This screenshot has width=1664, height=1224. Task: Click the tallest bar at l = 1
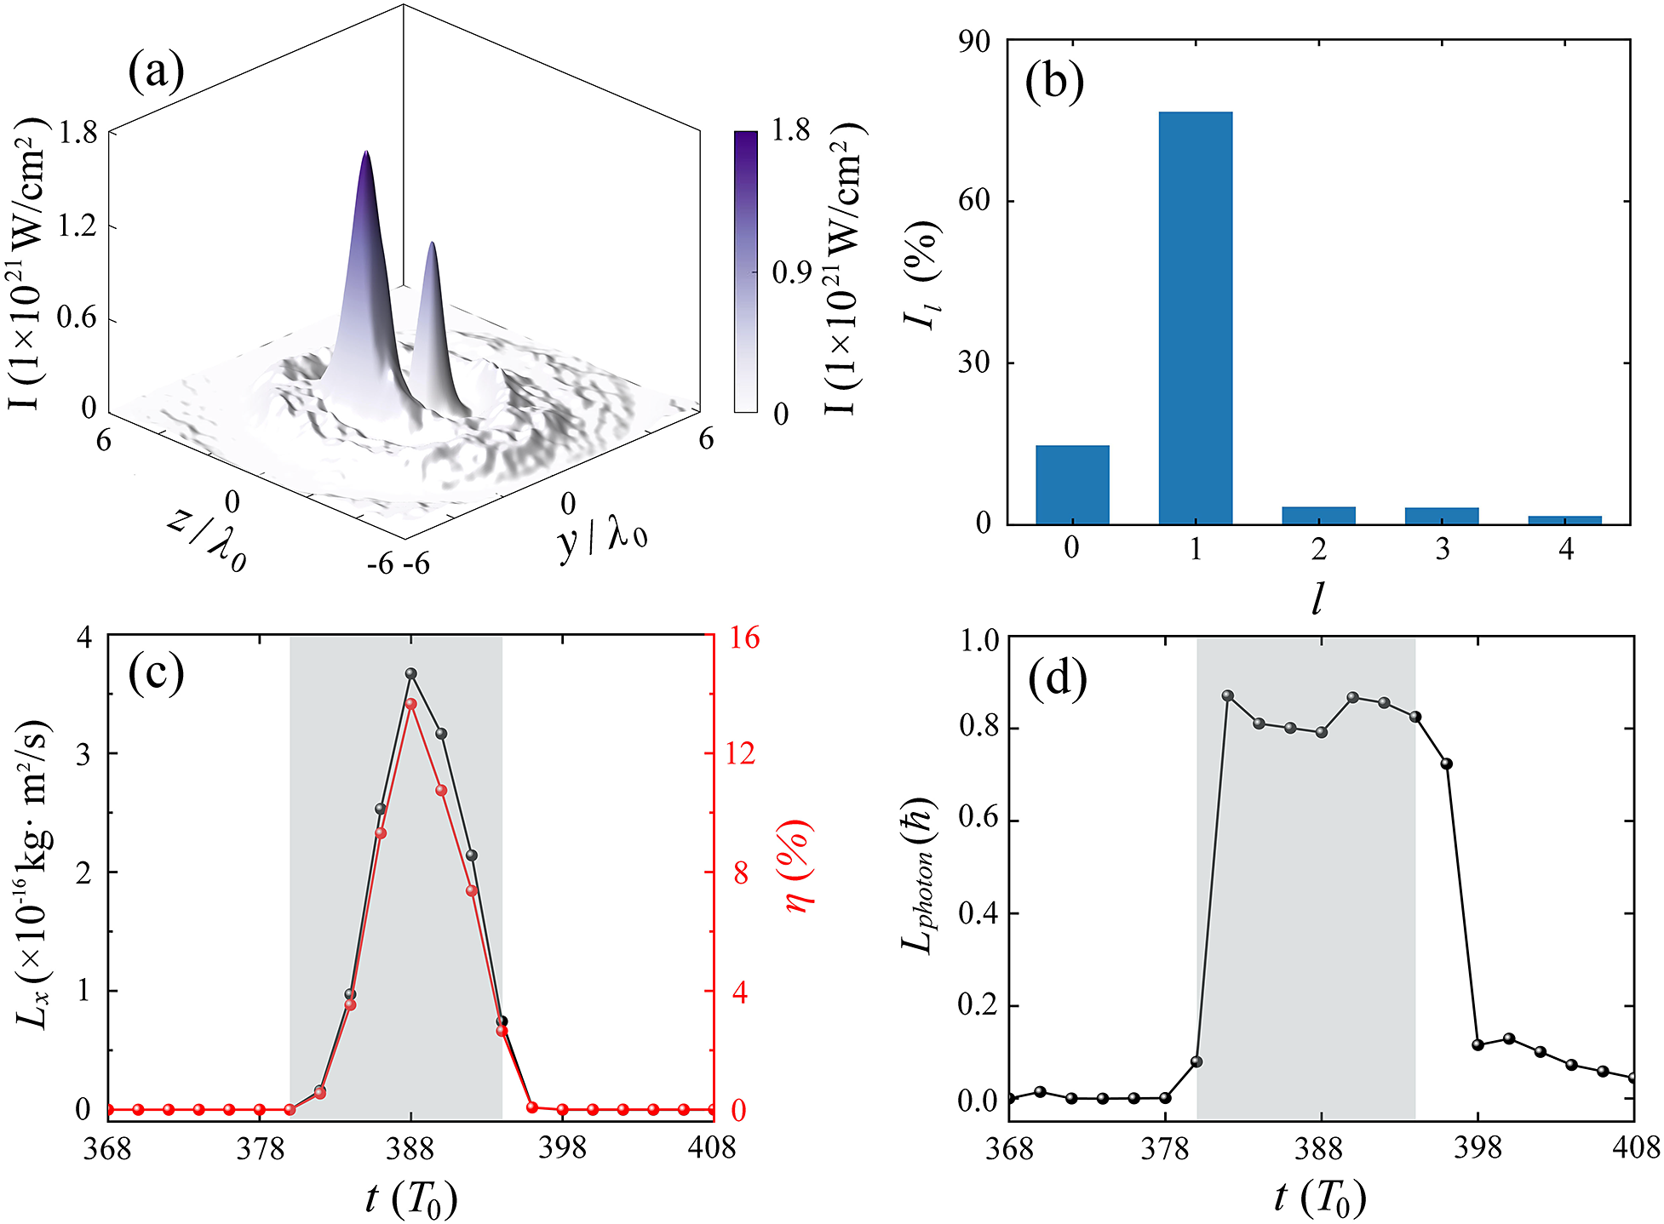point(1195,317)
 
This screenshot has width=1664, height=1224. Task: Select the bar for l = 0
point(1072,484)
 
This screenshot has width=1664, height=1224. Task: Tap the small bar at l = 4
point(1564,519)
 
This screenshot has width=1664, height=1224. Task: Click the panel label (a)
point(156,71)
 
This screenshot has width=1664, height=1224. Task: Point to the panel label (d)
point(1057,678)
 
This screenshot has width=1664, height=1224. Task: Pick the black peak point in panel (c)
point(411,673)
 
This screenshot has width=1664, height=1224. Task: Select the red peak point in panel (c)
point(411,704)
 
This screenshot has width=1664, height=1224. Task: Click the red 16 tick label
point(740,638)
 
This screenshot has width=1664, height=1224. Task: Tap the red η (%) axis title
point(797,865)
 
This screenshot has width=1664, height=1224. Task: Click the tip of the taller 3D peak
point(366,153)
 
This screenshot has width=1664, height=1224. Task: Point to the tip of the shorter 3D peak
point(433,244)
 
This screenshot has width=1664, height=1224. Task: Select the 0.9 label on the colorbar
point(791,272)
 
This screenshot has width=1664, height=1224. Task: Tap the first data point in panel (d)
point(1009,1098)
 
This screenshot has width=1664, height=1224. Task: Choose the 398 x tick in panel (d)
point(1478,1149)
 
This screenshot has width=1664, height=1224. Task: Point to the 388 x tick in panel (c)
point(410,1149)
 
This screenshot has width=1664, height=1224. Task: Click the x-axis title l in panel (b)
point(1318,598)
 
